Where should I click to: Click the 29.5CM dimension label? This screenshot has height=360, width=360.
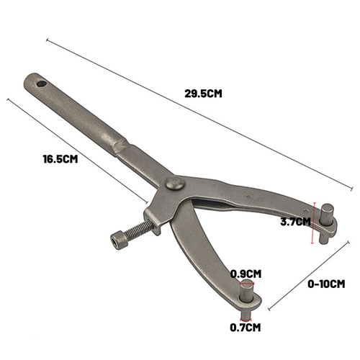tap(203, 94)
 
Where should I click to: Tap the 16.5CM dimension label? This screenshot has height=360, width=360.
tap(60, 159)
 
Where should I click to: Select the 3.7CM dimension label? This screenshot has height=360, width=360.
tap(295, 222)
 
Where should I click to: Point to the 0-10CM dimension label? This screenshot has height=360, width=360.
tap(326, 284)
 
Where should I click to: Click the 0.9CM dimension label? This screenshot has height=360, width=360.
tap(246, 274)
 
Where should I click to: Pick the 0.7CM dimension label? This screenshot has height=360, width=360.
tap(246, 328)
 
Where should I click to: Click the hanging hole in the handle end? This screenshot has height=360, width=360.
tap(42, 84)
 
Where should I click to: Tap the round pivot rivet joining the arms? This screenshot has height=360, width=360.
tap(176, 183)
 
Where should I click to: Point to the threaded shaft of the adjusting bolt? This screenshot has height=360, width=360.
tap(139, 229)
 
